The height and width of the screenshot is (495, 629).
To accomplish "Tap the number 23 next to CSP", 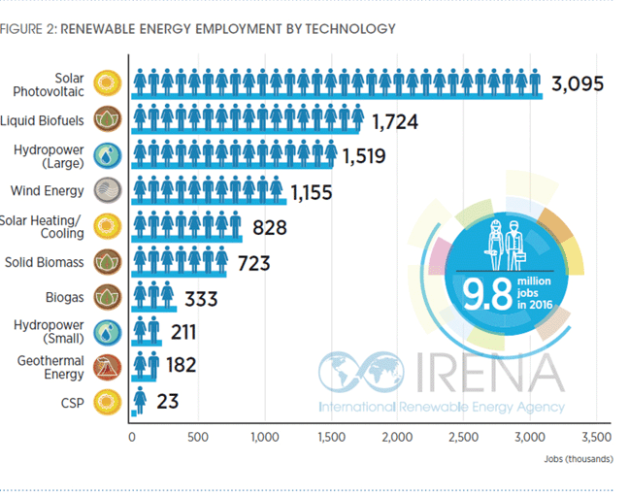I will [167, 401].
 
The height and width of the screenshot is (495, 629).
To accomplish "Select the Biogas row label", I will [63, 296].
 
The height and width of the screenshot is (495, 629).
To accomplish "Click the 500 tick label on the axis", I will [198, 438].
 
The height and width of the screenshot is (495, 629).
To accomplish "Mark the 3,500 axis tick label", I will [596, 438].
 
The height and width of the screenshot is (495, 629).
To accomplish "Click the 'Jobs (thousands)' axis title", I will [578, 457].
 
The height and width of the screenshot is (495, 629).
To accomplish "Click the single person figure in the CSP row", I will [140, 399].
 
